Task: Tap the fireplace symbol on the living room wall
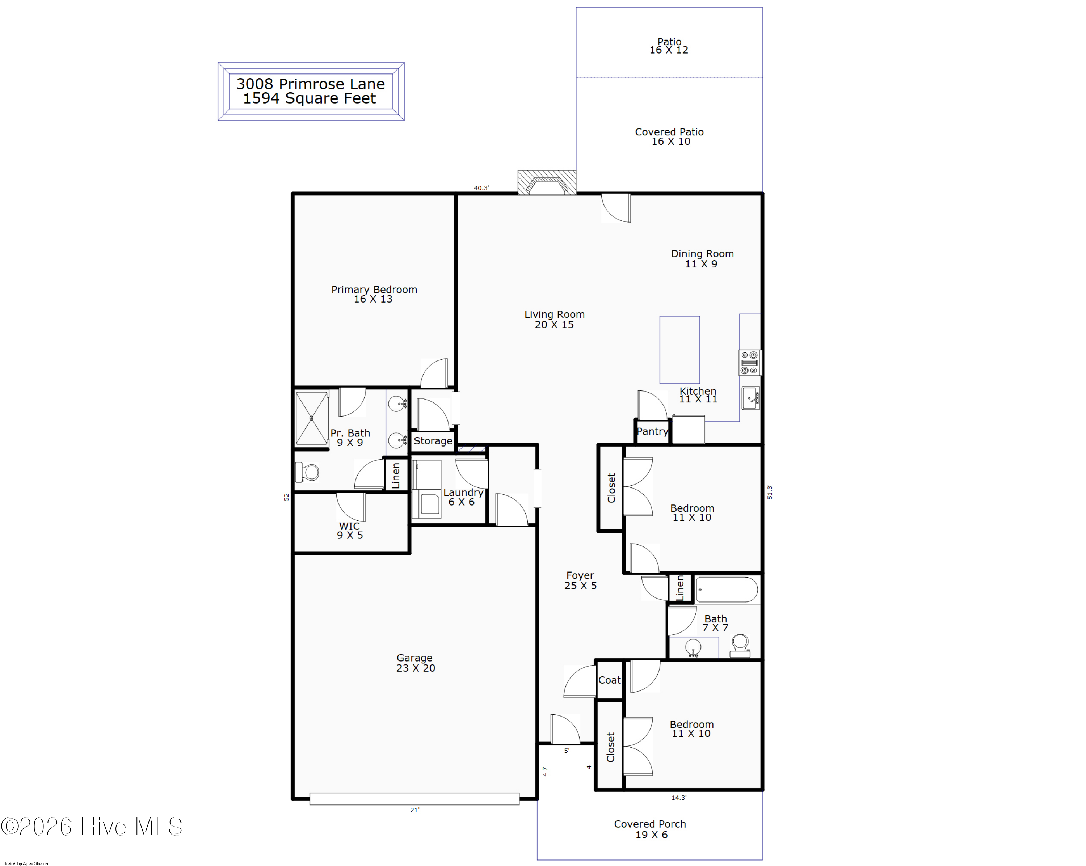pos(547,183)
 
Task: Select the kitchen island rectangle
pos(679,350)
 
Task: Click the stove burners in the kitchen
pos(750,363)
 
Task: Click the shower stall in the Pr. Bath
pos(312,418)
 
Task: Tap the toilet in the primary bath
pos(307,472)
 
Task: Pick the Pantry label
pos(652,431)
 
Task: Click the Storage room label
pos(433,441)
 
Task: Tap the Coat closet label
pos(610,680)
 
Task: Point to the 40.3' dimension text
pos(481,188)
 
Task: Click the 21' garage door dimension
pos(414,810)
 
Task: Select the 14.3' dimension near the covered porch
pos(678,798)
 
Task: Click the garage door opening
pos(414,799)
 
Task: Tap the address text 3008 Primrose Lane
pos(310,84)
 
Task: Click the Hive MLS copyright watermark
pos(91,827)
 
